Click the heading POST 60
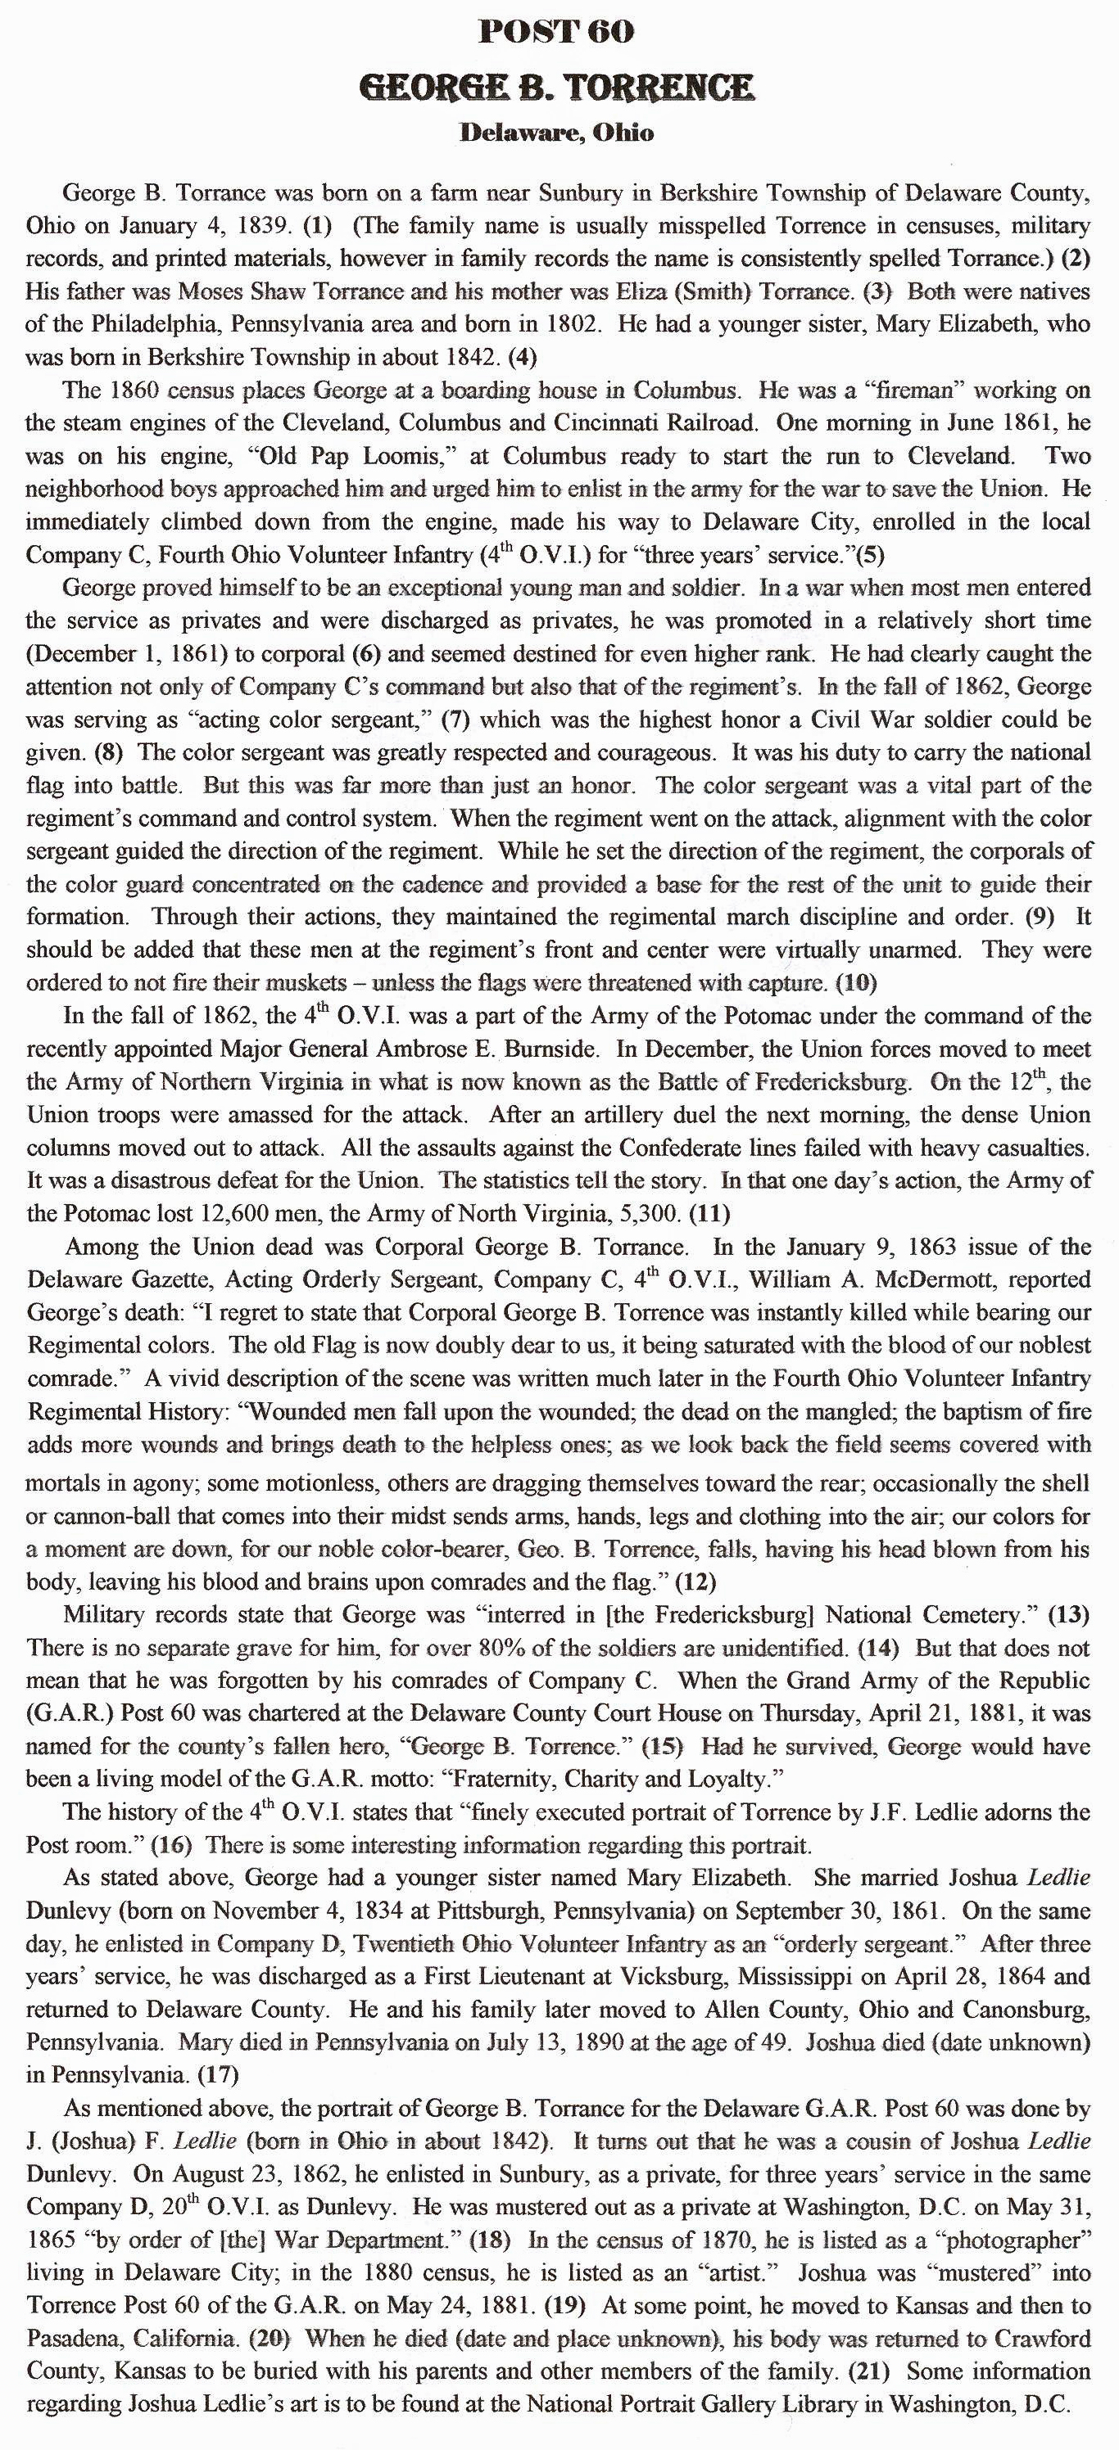coord(557,33)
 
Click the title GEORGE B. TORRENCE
coord(557,88)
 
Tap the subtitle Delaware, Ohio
coord(557,133)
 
